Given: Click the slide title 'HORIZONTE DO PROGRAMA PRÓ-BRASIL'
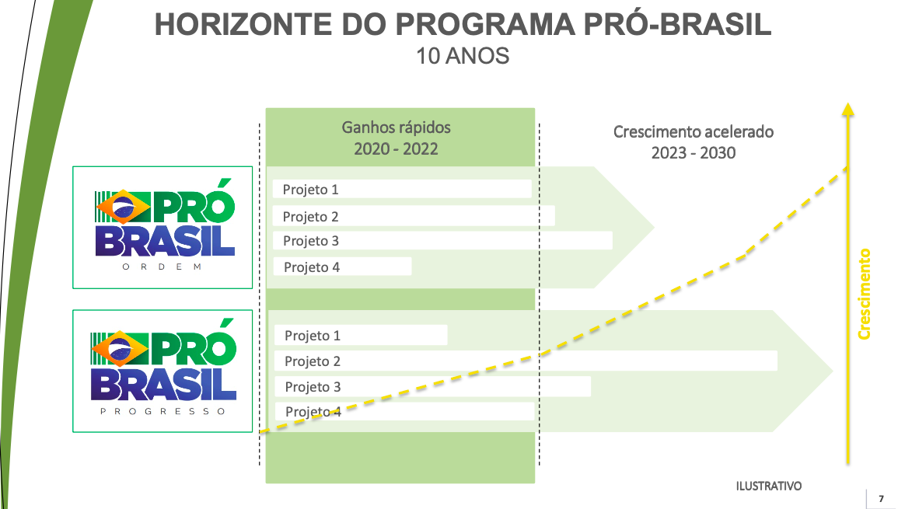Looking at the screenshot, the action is pos(463,24).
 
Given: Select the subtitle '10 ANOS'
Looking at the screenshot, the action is pos(463,56).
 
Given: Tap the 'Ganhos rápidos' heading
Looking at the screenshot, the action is pos(396,127).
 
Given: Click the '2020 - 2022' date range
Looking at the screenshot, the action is pos(396,149).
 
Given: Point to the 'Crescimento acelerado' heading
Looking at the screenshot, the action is pos(694,131).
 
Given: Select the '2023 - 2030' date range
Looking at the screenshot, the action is pos(694,153).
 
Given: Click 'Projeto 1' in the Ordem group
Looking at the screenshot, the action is pos(310,190).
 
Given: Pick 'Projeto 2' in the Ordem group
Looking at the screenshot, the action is pos(310,216).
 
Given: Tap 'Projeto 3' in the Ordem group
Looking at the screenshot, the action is pos(310,241).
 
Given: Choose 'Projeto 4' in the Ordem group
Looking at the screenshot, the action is pos(312,267).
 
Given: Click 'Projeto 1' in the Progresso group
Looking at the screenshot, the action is pos(313,335).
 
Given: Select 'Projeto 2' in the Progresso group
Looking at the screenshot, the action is pos(313,361).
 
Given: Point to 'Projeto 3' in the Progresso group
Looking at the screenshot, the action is pos(313,387).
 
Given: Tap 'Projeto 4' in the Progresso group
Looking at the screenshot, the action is pos(313,411).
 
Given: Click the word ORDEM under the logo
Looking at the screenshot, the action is pos(162,267).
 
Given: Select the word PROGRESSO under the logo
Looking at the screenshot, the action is pos(162,411).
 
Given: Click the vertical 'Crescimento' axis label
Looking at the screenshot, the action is pos(864,294).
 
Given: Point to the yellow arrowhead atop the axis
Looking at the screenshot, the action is pos(847,109).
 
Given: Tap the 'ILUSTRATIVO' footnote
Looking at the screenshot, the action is pos(768,486).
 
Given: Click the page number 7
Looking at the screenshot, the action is pos(881,499).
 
